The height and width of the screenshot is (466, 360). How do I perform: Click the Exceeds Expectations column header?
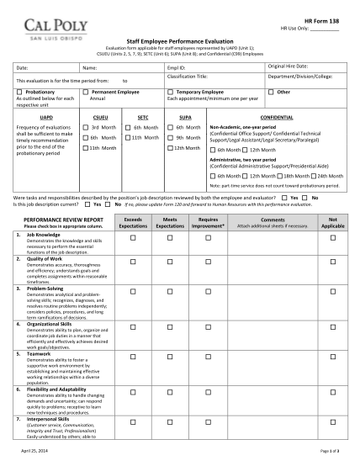click(132, 221)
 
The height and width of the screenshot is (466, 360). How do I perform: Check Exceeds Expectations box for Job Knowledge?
click(132, 239)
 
